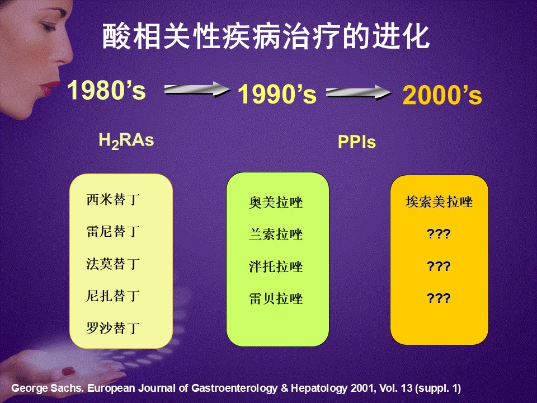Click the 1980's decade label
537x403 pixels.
pos(106,90)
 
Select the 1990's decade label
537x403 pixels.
pos(277,94)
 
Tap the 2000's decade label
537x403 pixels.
pos(442,95)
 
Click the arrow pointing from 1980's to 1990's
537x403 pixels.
pos(197,90)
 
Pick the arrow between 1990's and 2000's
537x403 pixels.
pos(359,92)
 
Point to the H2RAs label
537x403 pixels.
pos(126,140)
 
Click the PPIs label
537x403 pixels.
pos(356,142)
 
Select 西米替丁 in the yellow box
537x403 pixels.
pos(113,199)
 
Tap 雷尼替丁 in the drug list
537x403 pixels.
pos(113,232)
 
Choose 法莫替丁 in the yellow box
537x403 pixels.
pos(113,264)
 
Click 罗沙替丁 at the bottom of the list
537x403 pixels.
pos(113,328)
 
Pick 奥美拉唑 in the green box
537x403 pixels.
pos(276,202)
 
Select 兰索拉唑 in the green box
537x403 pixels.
pos(276,235)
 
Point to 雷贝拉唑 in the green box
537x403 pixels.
pos(276,298)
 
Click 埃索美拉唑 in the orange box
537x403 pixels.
pos(439,202)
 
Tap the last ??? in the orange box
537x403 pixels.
pos(439,298)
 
